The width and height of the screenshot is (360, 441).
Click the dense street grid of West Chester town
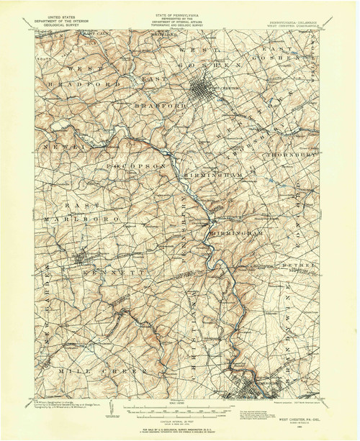(x=206, y=91)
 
